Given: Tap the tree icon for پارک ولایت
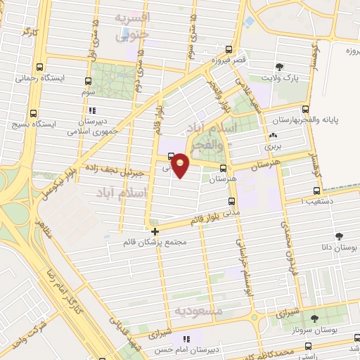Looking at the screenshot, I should pos(281,67).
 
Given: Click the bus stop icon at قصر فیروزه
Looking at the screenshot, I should pos(229,51).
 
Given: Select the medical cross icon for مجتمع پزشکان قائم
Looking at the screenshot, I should pos(155,231).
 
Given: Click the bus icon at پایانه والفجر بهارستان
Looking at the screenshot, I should pos(305,109).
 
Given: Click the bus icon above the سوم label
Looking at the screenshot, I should pos(88,82).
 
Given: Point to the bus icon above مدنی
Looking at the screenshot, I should pos(231,201).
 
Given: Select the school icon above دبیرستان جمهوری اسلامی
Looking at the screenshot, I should pos(92,110).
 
